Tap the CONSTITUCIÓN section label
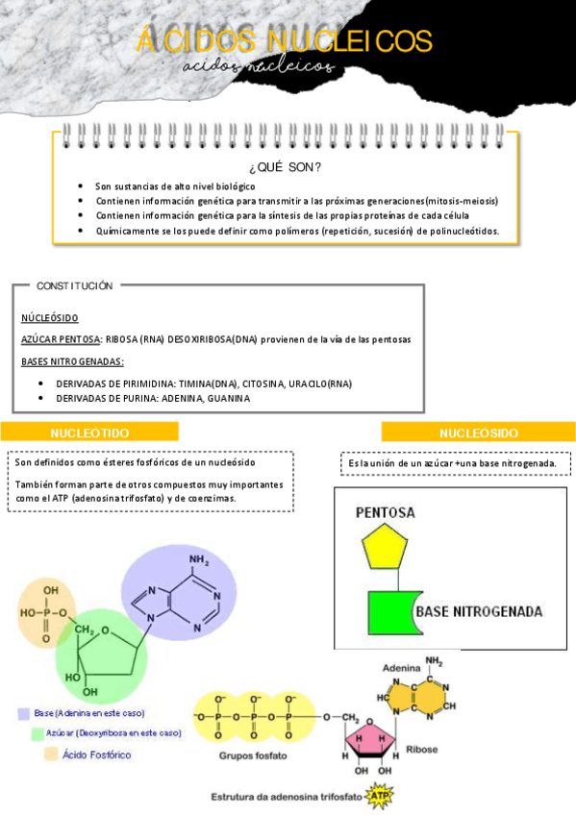pos(74,285)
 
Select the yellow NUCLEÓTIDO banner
pos(89,432)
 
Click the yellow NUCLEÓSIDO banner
pos(478,432)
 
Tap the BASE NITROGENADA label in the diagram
pos(478,611)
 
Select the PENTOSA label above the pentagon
pos(385,513)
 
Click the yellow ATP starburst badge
pos(382,797)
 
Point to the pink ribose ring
pos(370,737)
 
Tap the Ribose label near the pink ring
pos(422,749)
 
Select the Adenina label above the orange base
pos(401,667)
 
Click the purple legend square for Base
pos(23,713)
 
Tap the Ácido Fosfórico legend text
pos(97,754)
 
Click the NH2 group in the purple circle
pos(200,561)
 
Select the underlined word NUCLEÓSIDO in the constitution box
pos(50,317)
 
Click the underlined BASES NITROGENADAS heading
pos(72,361)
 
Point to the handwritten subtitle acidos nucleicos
pos(260,67)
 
